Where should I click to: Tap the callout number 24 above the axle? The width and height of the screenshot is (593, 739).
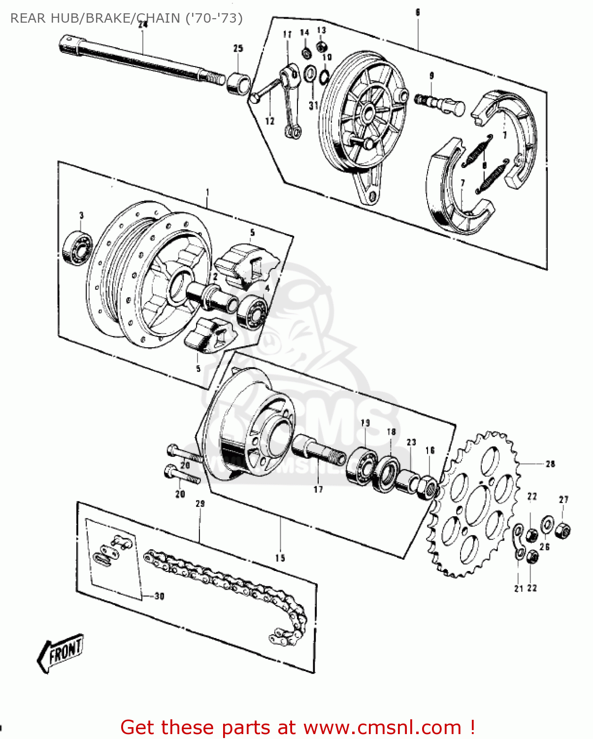tap(143, 24)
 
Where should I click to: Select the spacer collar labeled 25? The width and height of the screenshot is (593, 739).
tap(239, 82)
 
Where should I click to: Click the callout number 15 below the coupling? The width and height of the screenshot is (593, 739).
tap(280, 558)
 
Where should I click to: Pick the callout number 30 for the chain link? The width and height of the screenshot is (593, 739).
tap(159, 596)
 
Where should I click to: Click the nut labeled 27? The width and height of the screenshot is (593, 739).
tap(563, 531)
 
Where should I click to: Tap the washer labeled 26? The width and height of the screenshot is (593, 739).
tap(547, 525)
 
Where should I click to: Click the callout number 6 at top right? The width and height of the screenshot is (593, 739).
tap(418, 12)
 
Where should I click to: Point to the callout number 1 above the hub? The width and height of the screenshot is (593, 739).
tap(207, 192)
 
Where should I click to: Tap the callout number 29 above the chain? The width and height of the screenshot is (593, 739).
tap(200, 504)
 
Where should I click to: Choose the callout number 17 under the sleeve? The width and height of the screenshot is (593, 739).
tap(318, 489)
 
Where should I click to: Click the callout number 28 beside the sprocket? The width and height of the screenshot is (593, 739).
tap(550, 464)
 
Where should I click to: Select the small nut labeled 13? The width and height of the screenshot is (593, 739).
tap(321, 46)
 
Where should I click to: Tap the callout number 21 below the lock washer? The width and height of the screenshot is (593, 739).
tap(518, 588)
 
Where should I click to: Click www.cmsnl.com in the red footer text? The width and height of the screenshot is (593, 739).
tap(382, 727)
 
